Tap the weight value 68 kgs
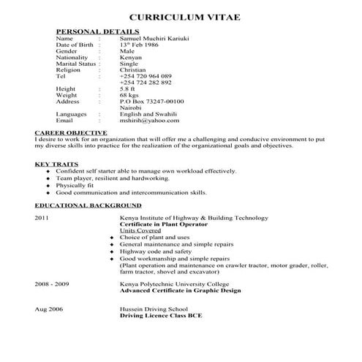pos(129,95)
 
